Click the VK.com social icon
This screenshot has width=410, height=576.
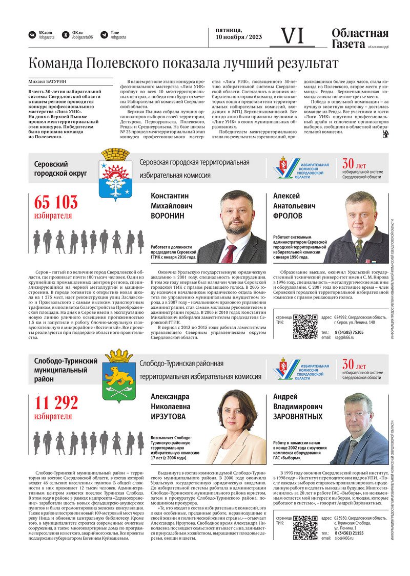pos(32,35)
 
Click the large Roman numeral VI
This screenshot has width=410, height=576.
pos(293,35)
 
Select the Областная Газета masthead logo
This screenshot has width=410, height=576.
pos(359,38)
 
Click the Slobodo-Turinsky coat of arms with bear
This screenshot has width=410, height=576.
pos(118,376)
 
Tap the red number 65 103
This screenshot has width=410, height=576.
pos(56,203)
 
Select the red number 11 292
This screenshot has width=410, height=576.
pos(56,403)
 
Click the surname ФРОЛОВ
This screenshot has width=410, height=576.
pos(288,216)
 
